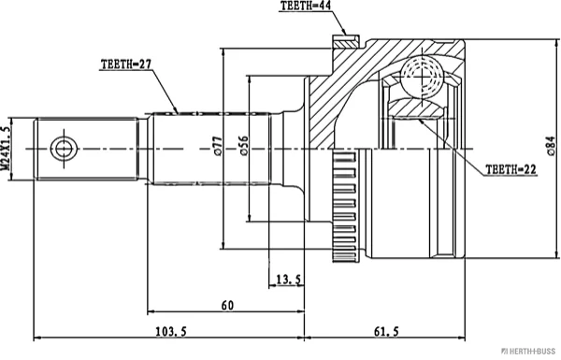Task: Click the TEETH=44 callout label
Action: tap(305, 7)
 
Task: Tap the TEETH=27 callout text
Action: tap(126, 65)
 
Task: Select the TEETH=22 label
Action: tap(511, 169)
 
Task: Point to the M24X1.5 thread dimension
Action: tap(6, 149)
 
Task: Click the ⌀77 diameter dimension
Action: tap(219, 146)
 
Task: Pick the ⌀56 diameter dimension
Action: tap(244, 146)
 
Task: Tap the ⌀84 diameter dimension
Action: tap(552, 146)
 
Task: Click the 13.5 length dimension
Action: tap(289, 280)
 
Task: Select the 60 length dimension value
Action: tap(227, 305)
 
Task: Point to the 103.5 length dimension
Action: tap(171, 332)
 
